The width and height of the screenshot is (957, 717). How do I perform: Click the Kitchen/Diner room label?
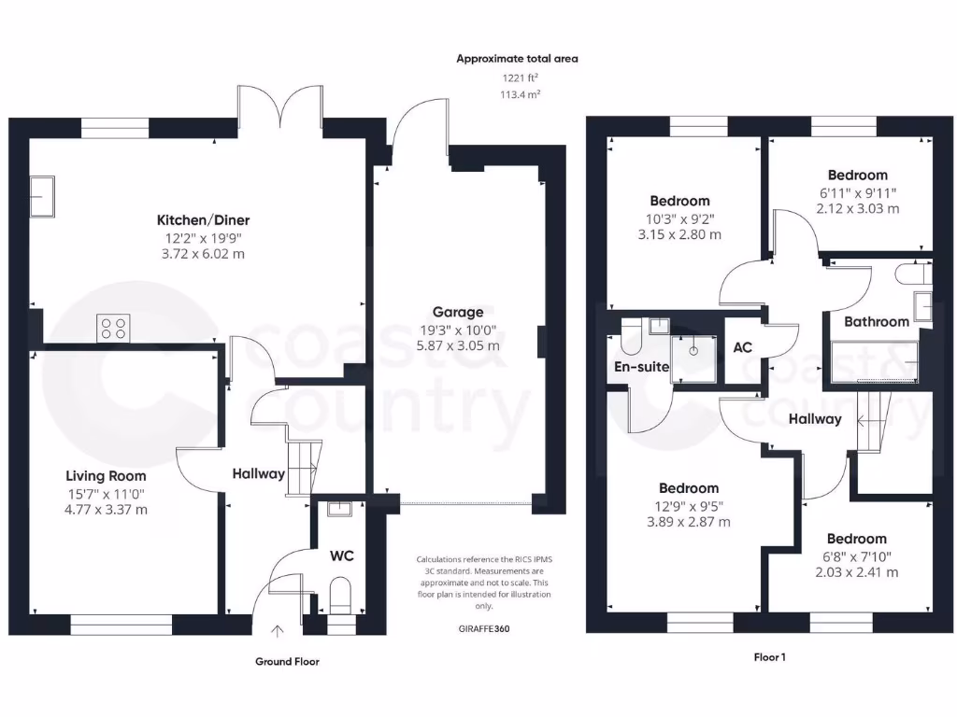tap(203, 220)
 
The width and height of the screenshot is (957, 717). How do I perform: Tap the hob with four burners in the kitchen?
tap(114, 329)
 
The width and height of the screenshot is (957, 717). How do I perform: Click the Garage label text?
tap(457, 312)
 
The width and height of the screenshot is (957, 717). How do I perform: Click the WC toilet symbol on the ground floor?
tap(340, 594)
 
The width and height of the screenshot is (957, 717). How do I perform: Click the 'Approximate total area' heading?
tap(517, 59)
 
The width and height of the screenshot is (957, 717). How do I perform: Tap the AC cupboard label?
tap(743, 347)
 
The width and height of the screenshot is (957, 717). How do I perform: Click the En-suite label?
tap(641, 367)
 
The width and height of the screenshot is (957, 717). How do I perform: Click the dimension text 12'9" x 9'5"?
tap(689, 505)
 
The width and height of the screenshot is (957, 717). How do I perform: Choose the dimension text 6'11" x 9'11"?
tap(857, 192)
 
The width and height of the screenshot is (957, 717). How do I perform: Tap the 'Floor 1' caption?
tap(769, 657)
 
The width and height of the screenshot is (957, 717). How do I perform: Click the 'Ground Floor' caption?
tap(287, 661)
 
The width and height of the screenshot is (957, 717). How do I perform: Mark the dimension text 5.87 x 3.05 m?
tap(457, 344)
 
